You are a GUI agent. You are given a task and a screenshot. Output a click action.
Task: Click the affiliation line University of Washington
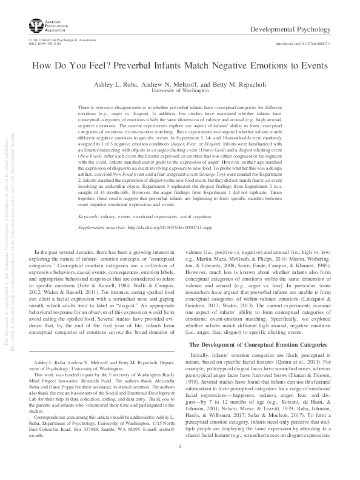[179, 89]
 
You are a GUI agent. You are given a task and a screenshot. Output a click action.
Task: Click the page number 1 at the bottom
[180, 464]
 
